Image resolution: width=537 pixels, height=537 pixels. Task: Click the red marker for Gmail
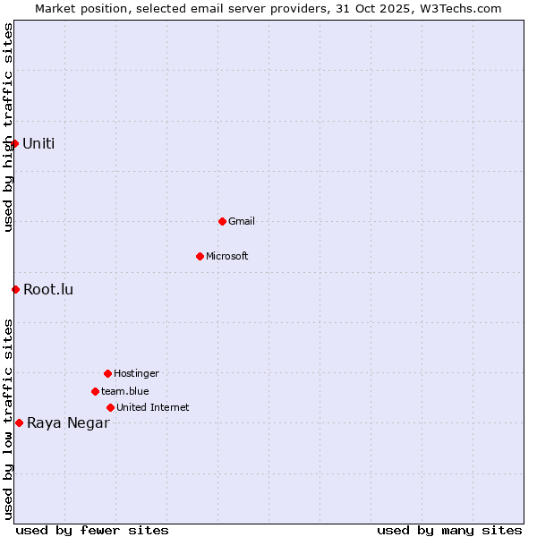pos(222,221)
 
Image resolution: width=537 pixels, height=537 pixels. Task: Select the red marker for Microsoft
pos(200,256)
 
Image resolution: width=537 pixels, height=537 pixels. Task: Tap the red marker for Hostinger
pos(107,373)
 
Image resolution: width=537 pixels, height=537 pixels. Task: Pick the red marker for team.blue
pos(95,391)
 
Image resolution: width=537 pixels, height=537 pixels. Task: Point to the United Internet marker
pos(110,407)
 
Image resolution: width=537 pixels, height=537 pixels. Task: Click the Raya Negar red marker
pos(19,422)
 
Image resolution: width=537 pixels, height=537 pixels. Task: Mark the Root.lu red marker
pos(15,289)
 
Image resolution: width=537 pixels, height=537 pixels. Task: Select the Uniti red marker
pos(14,143)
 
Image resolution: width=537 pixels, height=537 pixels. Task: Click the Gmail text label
pos(242,221)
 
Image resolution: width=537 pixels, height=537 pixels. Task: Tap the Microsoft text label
pos(227,256)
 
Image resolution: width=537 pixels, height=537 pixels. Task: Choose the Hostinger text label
pos(136,373)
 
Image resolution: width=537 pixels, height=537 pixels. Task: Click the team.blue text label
pos(125,391)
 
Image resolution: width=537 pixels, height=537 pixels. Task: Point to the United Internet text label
pos(153,407)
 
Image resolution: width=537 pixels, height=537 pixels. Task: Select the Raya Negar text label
pos(68,423)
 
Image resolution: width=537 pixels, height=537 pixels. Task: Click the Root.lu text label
pos(48,289)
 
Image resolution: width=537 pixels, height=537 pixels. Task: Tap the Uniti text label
pos(38,143)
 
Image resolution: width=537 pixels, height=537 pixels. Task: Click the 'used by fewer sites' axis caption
pos(92,530)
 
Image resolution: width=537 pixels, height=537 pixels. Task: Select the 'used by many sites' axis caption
pos(449,530)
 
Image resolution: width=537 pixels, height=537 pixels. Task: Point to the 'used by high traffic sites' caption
pos(8,127)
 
